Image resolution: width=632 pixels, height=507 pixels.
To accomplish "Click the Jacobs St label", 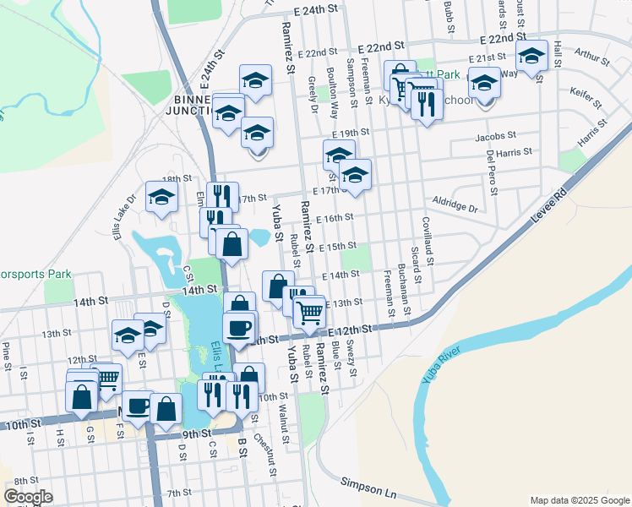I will [495, 136].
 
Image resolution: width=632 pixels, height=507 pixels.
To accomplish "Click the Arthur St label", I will [591, 58].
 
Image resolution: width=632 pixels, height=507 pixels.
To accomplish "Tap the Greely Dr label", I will [313, 95].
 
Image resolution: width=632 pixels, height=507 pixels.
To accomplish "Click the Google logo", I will [29, 496].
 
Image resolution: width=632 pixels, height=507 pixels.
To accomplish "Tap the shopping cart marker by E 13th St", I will [310, 312].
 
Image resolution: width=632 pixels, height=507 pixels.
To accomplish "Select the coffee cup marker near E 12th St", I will [237, 327].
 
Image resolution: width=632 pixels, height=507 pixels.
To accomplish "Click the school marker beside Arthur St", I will [531, 57].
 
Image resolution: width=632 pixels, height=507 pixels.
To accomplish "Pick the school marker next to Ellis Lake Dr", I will [161, 198].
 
